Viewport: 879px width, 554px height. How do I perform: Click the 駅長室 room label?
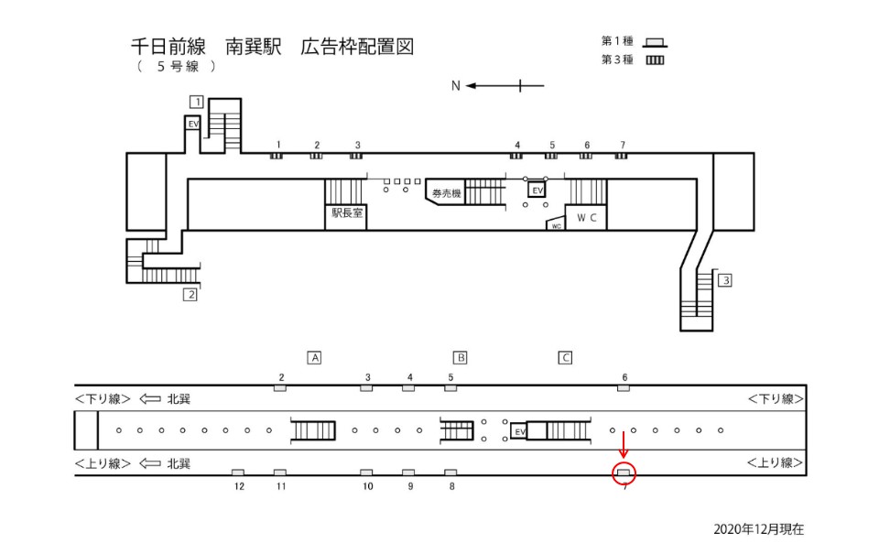(x=347, y=213)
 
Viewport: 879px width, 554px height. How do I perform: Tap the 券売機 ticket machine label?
(x=446, y=193)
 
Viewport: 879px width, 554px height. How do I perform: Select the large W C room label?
(x=586, y=218)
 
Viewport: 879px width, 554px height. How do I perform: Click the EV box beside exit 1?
(x=193, y=124)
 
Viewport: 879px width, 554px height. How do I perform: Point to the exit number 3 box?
(x=725, y=280)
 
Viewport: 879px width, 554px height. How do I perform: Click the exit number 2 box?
(x=190, y=294)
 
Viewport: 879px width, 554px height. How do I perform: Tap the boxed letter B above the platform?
(x=460, y=358)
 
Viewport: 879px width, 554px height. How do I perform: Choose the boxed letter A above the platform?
(x=314, y=358)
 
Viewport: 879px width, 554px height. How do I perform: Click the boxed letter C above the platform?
(x=565, y=358)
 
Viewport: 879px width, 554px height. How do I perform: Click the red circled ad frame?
(x=624, y=473)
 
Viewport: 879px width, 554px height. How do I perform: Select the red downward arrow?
(x=624, y=445)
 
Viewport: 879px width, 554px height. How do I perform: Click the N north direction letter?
(x=456, y=86)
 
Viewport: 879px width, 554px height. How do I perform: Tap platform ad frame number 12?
(x=238, y=473)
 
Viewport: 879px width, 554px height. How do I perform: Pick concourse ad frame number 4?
(x=516, y=156)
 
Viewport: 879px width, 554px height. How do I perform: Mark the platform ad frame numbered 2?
(x=280, y=388)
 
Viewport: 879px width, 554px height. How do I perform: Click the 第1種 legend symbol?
(x=655, y=43)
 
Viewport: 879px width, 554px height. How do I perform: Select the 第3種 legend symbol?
(x=655, y=60)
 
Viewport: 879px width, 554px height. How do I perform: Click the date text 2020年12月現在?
(x=758, y=529)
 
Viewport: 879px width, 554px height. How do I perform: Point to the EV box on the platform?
(x=519, y=431)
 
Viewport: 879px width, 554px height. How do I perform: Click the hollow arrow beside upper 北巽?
(x=149, y=398)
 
